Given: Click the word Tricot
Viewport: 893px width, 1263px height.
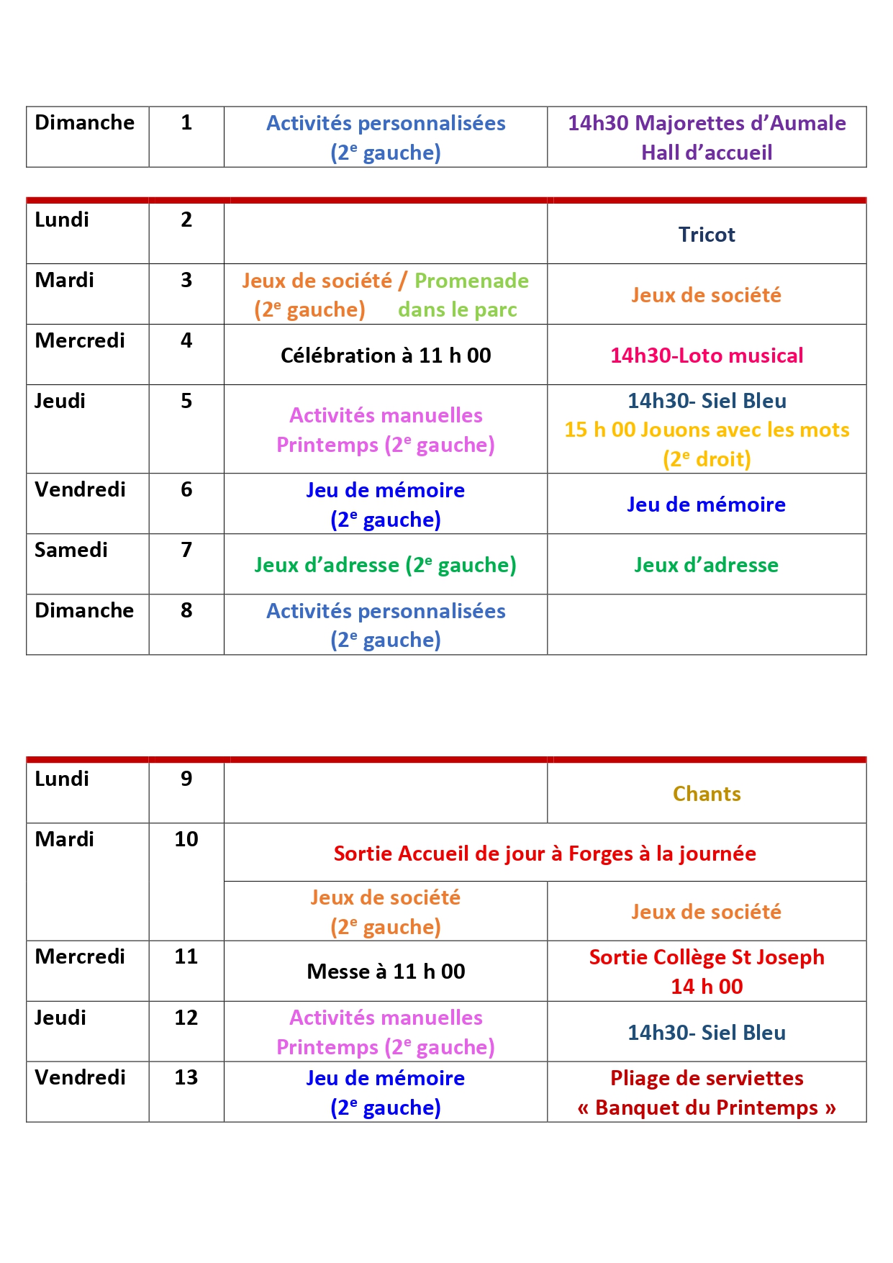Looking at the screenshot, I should (706, 235).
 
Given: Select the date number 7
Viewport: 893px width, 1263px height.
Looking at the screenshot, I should (186, 550).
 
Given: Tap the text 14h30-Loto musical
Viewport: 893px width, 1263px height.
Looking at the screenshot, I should (706, 356).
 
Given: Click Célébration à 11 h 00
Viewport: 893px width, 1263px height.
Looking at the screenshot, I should (386, 356).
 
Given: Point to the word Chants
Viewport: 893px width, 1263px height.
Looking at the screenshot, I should (706, 794).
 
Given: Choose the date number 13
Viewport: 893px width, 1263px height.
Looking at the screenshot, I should (186, 1077).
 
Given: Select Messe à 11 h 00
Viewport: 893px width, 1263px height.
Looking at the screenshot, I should (386, 972).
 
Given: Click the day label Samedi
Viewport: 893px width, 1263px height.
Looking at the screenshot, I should (71, 550).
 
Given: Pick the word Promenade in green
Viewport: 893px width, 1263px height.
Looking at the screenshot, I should (471, 281).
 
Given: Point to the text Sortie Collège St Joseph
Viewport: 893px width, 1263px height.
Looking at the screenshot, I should (706, 957).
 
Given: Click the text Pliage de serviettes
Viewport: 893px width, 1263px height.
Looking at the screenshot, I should (706, 1078).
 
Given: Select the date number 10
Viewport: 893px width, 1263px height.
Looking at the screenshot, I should (186, 839).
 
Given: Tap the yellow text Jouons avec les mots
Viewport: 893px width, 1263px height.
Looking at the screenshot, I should (745, 430).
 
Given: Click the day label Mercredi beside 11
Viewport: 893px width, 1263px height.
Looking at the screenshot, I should (80, 956).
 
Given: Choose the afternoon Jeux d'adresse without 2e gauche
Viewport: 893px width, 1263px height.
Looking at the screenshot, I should (706, 565).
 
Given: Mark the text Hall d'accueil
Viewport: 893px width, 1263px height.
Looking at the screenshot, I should (706, 153).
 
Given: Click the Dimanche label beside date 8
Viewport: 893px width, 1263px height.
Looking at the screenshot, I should (84, 610).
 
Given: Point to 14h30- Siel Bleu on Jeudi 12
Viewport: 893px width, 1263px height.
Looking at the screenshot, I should (706, 1033).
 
